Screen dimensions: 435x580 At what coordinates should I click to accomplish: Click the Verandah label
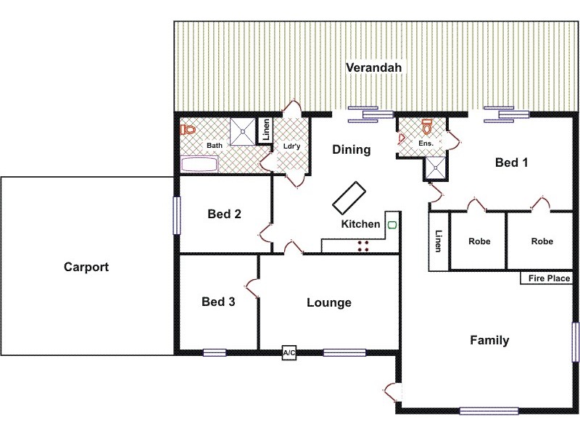(373, 67)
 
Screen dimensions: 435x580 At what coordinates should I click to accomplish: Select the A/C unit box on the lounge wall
(289, 353)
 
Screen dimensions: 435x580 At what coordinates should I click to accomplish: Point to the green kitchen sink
(392, 225)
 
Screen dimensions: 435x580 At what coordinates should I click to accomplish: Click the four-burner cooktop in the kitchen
(362, 246)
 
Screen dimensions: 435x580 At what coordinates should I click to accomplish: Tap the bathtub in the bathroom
(199, 165)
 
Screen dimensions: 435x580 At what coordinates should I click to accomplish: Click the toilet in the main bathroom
(188, 130)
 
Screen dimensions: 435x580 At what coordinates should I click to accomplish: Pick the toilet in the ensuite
(427, 128)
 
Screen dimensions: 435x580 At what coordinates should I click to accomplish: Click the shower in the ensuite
(436, 168)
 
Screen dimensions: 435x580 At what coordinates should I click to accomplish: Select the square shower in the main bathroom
(242, 131)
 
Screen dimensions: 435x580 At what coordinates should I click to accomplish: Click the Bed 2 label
(224, 214)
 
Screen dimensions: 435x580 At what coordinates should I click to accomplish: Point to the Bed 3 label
(217, 302)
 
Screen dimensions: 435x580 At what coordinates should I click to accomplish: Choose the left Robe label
(479, 241)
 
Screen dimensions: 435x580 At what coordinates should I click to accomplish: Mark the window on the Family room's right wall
(575, 341)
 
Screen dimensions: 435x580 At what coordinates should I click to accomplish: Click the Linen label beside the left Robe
(439, 241)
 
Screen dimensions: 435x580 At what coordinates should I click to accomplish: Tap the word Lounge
(328, 302)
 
